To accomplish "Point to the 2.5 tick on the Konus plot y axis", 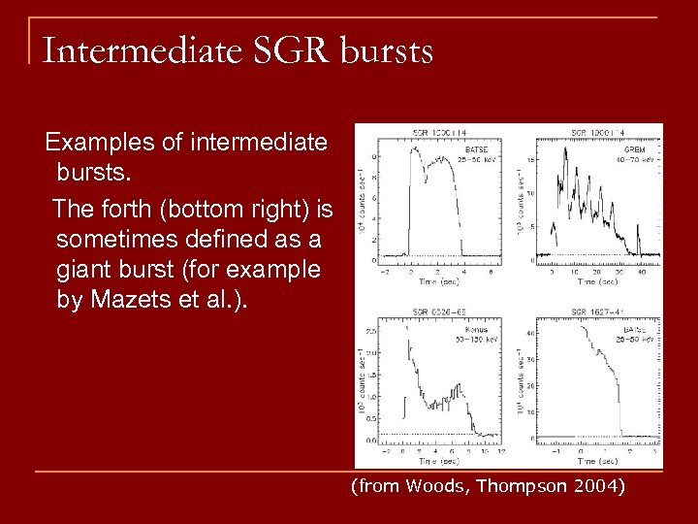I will [372, 332].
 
